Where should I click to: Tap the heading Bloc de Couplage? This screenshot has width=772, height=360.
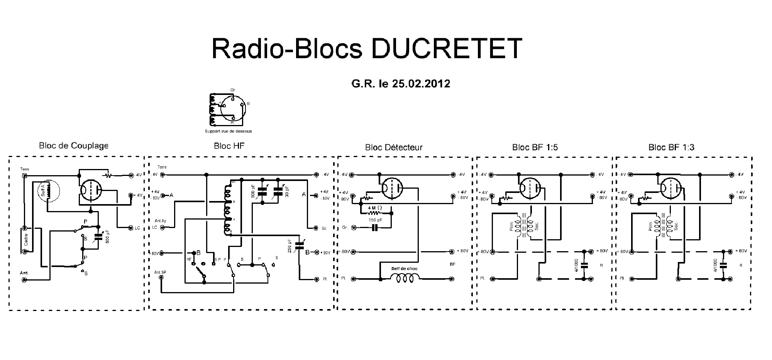pyautogui.click(x=73, y=146)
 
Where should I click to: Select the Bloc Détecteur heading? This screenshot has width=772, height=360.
pyautogui.click(x=394, y=147)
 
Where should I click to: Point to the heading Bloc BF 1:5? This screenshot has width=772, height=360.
pyautogui.click(x=535, y=147)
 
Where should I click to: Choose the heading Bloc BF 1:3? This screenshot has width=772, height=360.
pyautogui.click(x=671, y=147)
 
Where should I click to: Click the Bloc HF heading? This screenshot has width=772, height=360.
pyautogui.click(x=229, y=146)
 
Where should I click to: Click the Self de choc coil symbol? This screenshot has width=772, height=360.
pyautogui.click(x=404, y=278)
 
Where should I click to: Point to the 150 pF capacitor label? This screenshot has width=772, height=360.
pyautogui.click(x=374, y=220)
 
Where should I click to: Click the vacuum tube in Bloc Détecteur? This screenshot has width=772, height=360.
pyautogui.click(x=392, y=189)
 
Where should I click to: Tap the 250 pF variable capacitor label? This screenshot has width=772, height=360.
pyautogui.click(x=289, y=246)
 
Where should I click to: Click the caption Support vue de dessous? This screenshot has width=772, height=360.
pyautogui.click(x=228, y=131)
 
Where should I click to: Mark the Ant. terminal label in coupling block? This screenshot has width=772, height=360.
pyautogui.click(x=24, y=273)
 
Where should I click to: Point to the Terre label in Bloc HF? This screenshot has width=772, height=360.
pyautogui.click(x=162, y=167)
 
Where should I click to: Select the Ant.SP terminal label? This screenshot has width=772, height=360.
pyautogui.click(x=160, y=272)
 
